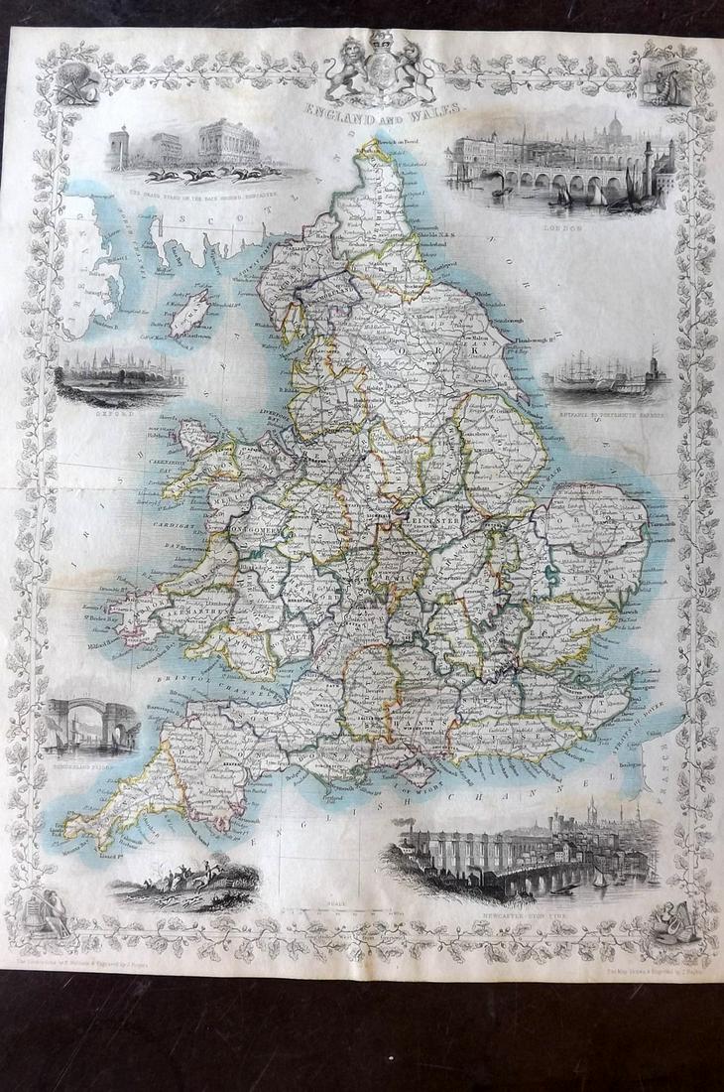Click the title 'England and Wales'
pyautogui.click(x=378, y=116)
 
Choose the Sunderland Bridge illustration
pyautogui.click(x=90, y=721)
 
